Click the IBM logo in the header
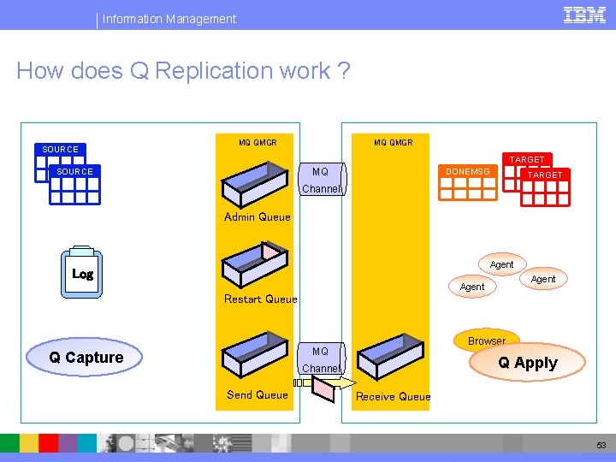(585, 15)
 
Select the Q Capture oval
(86, 358)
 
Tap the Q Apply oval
(528, 363)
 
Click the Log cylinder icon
(82, 274)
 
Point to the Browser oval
(486, 340)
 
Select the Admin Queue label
(258, 217)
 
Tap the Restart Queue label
(260, 299)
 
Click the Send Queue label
(257, 394)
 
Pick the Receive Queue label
(393, 396)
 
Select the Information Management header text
(169, 18)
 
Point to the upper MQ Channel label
(321, 181)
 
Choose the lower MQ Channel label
(321, 360)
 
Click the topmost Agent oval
(501, 264)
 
